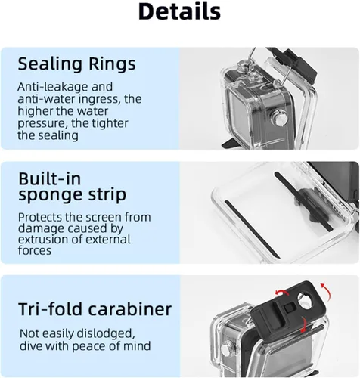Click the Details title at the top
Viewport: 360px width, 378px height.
(x=179, y=11)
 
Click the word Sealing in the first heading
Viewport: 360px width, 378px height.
(x=50, y=64)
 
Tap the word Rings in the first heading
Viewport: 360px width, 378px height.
(x=112, y=64)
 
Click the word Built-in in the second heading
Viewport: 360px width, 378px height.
(x=50, y=178)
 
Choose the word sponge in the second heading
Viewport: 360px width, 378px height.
(x=51, y=195)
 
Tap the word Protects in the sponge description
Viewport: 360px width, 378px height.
(x=40, y=217)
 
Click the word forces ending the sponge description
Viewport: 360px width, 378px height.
(x=35, y=250)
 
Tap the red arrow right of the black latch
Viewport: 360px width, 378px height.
(x=326, y=291)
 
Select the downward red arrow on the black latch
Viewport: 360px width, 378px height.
(x=304, y=325)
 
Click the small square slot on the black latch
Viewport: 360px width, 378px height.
(x=290, y=307)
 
